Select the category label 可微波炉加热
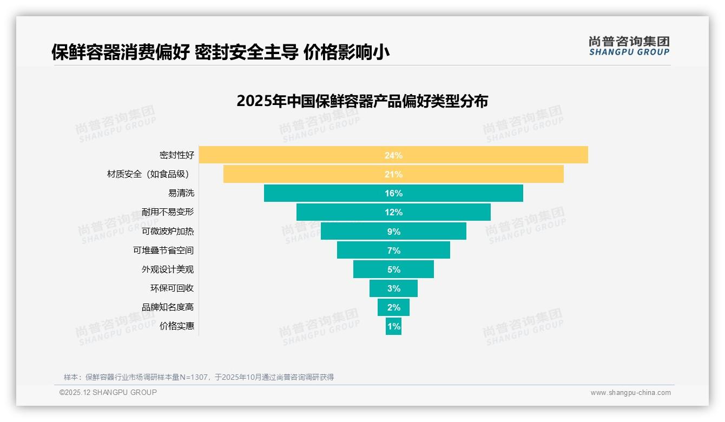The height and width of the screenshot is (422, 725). (168, 231)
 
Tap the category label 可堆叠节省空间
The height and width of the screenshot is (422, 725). (163, 250)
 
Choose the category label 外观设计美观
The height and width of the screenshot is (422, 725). (168, 269)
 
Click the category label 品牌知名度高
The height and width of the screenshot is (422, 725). (168, 307)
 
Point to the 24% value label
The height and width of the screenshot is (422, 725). (393, 155)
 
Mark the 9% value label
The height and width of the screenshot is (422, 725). (393, 232)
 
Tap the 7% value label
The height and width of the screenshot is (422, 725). (393, 250)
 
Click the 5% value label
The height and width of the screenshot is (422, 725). (393, 269)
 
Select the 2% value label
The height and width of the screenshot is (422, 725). (393, 307)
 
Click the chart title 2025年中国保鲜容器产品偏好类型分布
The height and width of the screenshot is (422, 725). (362, 101)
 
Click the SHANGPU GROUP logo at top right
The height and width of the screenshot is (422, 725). (629, 46)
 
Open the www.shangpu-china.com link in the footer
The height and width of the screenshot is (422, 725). (630, 393)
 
